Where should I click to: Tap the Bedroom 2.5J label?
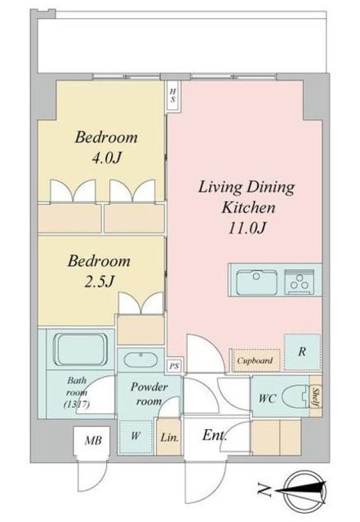pos(99,272)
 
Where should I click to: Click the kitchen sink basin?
pos(256,282)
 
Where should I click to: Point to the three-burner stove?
pos(300,283)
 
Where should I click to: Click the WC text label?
pos(267,400)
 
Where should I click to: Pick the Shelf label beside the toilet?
pos(315,398)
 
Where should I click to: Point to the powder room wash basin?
pos(141,359)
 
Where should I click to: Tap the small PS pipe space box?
pos(174,366)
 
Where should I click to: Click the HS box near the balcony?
pos(173,95)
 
